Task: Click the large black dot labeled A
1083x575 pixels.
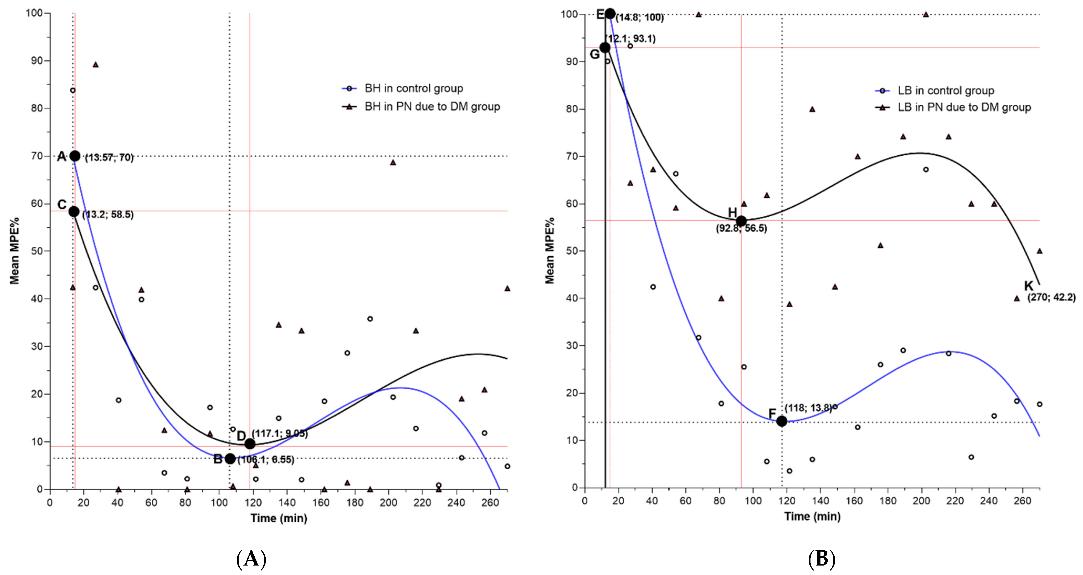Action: [75, 156]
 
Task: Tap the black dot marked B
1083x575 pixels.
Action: [230, 459]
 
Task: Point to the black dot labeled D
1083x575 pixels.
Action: [250, 444]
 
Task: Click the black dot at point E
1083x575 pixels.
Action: [610, 14]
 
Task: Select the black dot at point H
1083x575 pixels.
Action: [741, 221]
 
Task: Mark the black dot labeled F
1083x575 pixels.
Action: [782, 421]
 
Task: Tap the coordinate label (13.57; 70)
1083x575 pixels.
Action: [109, 158]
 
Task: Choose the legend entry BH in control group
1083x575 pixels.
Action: [414, 88]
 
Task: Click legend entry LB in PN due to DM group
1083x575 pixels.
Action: [964, 107]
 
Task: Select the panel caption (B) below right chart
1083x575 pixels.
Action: [822, 559]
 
